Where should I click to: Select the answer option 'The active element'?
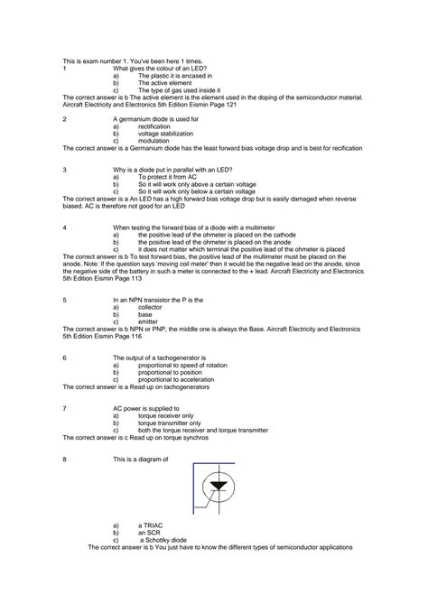(x=163, y=83)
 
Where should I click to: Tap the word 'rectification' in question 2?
(x=158, y=127)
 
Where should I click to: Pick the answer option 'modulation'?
(x=155, y=142)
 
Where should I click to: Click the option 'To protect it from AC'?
(x=172, y=178)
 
